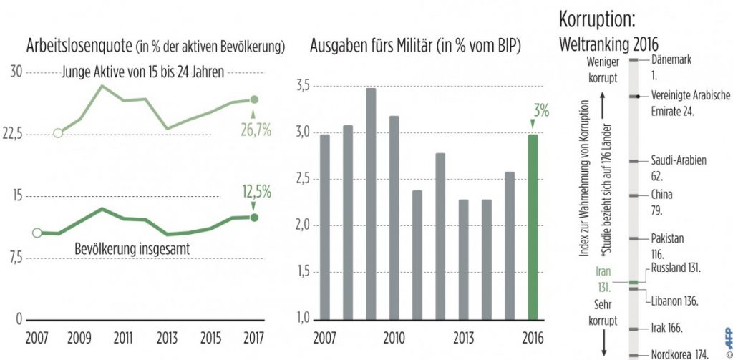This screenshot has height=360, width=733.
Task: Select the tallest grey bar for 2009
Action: coord(370,204)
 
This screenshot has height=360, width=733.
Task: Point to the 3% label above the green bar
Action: coord(540,111)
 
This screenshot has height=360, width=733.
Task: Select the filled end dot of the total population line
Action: coord(253,217)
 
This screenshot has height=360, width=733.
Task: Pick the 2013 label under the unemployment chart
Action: coord(167,336)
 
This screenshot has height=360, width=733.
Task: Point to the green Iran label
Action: coord(599,279)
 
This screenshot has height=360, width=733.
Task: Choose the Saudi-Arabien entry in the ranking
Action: coord(679,161)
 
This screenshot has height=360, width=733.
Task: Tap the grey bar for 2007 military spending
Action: coord(324,226)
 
